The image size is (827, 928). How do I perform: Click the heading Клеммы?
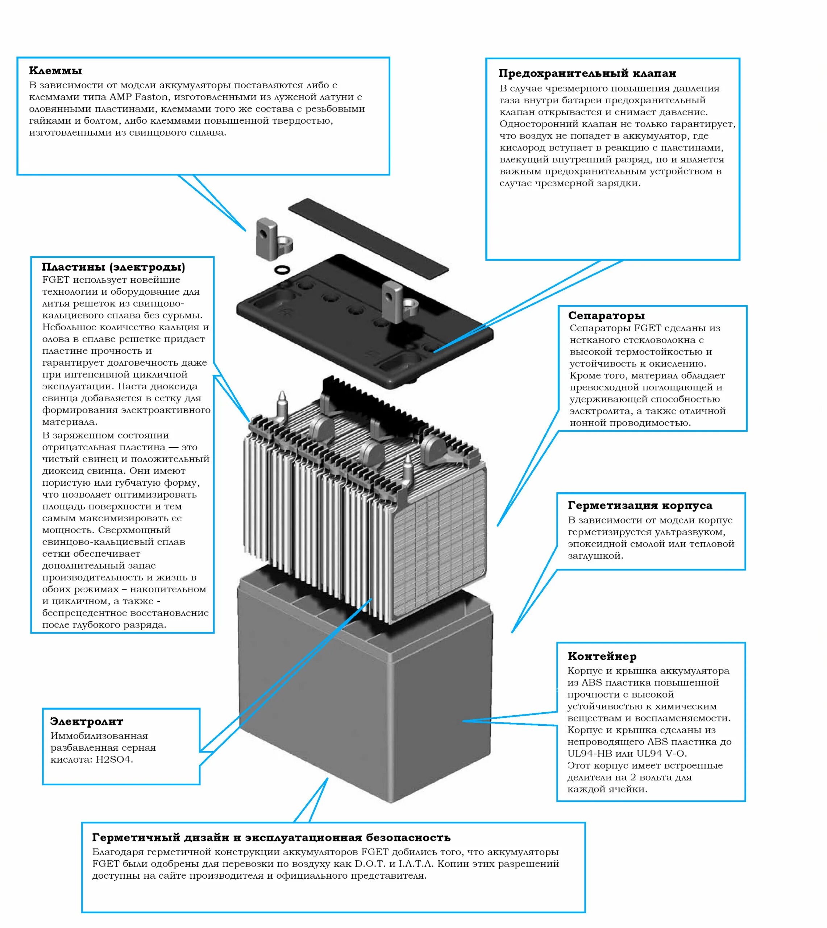(55, 71)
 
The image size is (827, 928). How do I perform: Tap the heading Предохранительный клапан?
(587, 74)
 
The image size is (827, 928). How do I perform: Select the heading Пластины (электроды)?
(113, 267)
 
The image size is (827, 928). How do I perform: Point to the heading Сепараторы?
(606, 316)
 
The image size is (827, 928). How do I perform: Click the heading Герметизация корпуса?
(640, 506)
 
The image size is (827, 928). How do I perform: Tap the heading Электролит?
(86, 722)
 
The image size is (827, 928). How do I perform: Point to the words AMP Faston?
(138, 97)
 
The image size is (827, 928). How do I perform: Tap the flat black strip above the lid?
(368, 236)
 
